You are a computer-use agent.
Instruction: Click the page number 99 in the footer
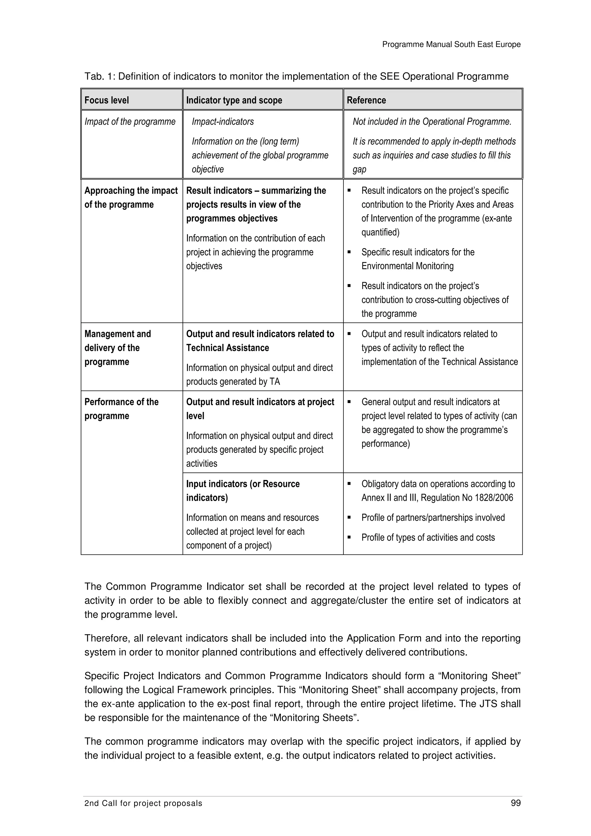[x=516, y=813]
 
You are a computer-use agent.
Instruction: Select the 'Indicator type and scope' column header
[x=234, y=100]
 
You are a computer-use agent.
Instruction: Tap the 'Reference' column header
[x=366, y=100]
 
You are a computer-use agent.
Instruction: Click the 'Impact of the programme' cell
[x=130, y=122]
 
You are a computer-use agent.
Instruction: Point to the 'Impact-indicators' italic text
[x=222, y=122]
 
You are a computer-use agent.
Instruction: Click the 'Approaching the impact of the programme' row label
[x=131, y=197]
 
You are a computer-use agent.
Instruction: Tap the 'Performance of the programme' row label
[x=121, y=408]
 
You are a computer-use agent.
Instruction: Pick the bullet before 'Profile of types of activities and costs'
[x=349, y=537]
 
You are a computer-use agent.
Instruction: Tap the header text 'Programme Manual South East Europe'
[x=451, y=44]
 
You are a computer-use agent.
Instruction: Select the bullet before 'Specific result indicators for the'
[x=349, y=252]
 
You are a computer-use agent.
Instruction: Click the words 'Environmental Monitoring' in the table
[x=407, y=266]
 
